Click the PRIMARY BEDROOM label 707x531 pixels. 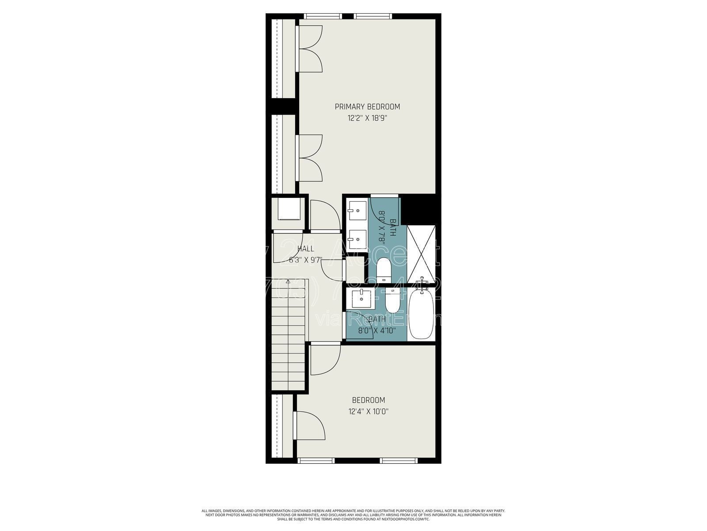[367, 107]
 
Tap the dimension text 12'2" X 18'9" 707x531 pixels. [367, 118]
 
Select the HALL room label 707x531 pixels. [305, 249]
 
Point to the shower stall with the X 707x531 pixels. [421, 254]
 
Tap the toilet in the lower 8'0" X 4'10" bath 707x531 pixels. [392, 301]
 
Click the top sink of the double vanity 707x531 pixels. [357, 210]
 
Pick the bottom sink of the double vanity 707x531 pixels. [357, 239]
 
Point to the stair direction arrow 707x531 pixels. [288, 281]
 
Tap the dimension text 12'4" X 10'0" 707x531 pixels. [368, 412]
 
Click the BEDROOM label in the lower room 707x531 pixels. [368, 400]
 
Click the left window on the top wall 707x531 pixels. [323, 17]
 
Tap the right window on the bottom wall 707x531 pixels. [399, 461]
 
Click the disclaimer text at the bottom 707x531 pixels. [353, 515]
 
